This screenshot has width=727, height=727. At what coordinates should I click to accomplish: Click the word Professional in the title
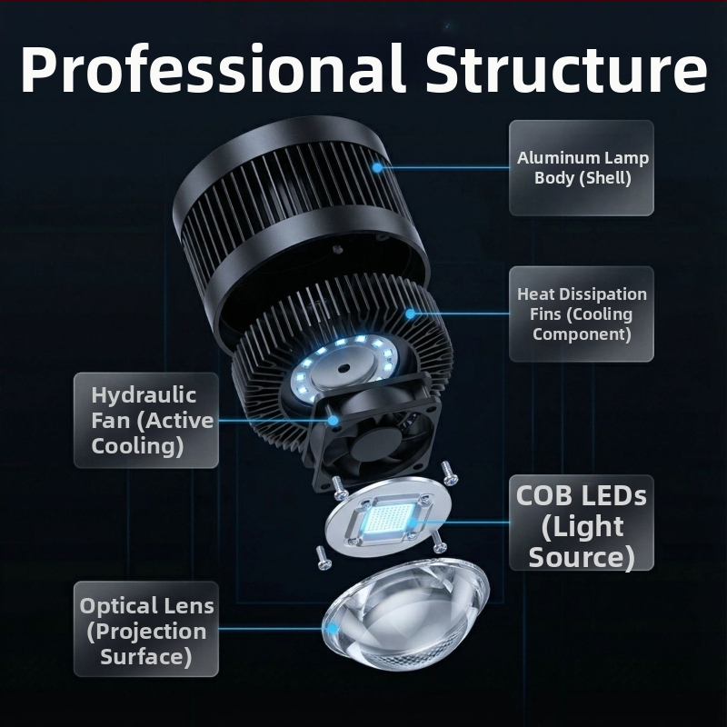point(213,70)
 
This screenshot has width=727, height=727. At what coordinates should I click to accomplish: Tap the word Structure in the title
point(566,68)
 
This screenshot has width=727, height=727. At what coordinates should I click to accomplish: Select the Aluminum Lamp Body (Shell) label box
point(582,168)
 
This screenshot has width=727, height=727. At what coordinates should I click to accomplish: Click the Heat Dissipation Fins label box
point(582,314)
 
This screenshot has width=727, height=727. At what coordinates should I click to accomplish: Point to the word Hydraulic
point(144,396)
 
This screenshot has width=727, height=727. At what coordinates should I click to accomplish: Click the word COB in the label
point(543,495)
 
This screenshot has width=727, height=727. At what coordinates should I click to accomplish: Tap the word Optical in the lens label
point(118,607)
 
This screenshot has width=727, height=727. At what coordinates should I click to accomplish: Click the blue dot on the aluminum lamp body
point(378,168)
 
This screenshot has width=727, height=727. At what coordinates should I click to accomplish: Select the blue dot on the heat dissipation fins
point(411,314)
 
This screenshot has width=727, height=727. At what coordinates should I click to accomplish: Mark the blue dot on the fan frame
point(333,421)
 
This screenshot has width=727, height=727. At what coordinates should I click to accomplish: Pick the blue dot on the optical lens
point(332,629)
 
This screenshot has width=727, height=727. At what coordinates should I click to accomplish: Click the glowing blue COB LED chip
point(389,520)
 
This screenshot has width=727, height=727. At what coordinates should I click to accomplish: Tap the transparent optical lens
point(406,613)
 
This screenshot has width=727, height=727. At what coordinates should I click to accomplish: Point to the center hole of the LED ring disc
point(344,369)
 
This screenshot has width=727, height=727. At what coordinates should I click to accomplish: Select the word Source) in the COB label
point(582,556)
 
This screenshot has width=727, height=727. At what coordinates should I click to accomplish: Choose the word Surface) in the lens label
point(146,657)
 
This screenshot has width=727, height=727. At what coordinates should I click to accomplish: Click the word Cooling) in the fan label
point(138,446)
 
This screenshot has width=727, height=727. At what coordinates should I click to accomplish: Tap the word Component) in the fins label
point(582,334)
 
